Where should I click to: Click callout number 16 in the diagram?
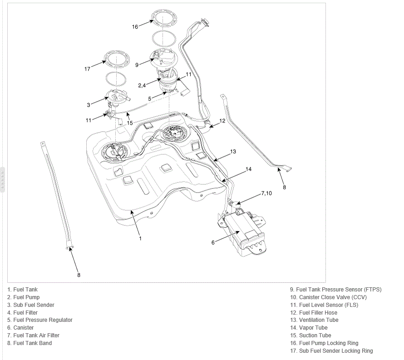[x=135, y=27]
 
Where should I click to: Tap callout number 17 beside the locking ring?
[x=87, y=69]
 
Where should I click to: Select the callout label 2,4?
[x=142, y=85]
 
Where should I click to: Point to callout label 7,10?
[x=266, y=193]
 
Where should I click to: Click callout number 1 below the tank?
[x=140, y=238]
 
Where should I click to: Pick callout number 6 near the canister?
[x=213, y=242]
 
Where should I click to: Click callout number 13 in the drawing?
[x=233, y=152]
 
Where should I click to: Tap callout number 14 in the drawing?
[x=248, y=169]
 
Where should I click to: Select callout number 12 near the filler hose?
[x=222, y=121]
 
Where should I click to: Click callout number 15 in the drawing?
[x=130, y=123]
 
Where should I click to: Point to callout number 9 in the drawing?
[x=137, y=64]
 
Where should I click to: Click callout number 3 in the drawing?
[x=89, y=105]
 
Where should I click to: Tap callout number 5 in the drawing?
[x=149, y=99]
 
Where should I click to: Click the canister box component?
[x=242, y=232]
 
